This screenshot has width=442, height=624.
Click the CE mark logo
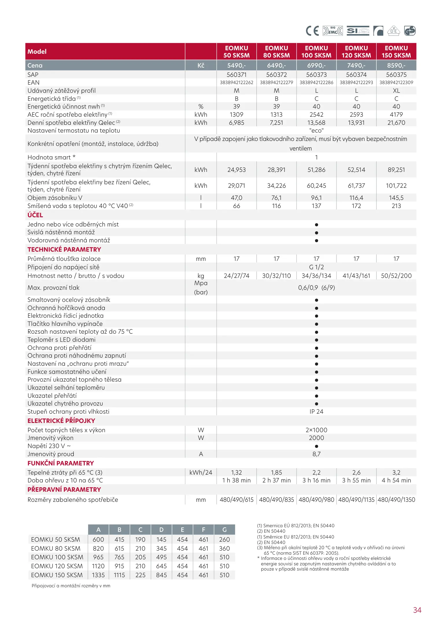312,31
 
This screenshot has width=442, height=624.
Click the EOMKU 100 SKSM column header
316,52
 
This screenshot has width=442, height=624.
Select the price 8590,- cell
396,66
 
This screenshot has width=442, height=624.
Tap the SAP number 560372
276,75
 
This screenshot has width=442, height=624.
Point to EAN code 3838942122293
356,83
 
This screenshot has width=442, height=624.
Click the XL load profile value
396,91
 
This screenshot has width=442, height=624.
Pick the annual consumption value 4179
396,115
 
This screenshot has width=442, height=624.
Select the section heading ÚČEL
35,215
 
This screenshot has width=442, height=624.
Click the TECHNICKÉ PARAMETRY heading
64,250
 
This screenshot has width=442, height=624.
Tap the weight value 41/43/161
356,276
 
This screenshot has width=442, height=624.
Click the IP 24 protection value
316,412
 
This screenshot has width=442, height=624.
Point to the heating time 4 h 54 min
396,480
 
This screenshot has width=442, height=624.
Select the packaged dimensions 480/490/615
236,500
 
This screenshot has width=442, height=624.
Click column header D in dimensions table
161,530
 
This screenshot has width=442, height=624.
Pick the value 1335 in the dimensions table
98,575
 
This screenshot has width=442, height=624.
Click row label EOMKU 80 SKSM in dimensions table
56,548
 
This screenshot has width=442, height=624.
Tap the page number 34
417,610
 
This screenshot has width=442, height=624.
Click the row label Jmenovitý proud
51,454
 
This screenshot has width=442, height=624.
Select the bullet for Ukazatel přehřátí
317,396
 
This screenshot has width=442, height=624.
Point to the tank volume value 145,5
396,198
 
